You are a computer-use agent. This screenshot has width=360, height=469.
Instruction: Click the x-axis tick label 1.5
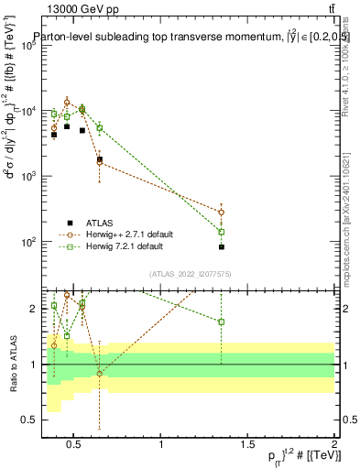pyautogui.click(x=247, y=446)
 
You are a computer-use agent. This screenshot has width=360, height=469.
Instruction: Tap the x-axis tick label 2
pyautogui.click(x=333, y=446)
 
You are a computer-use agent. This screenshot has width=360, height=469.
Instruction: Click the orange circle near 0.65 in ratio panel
pyautogui.click(x=100, y=373)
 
